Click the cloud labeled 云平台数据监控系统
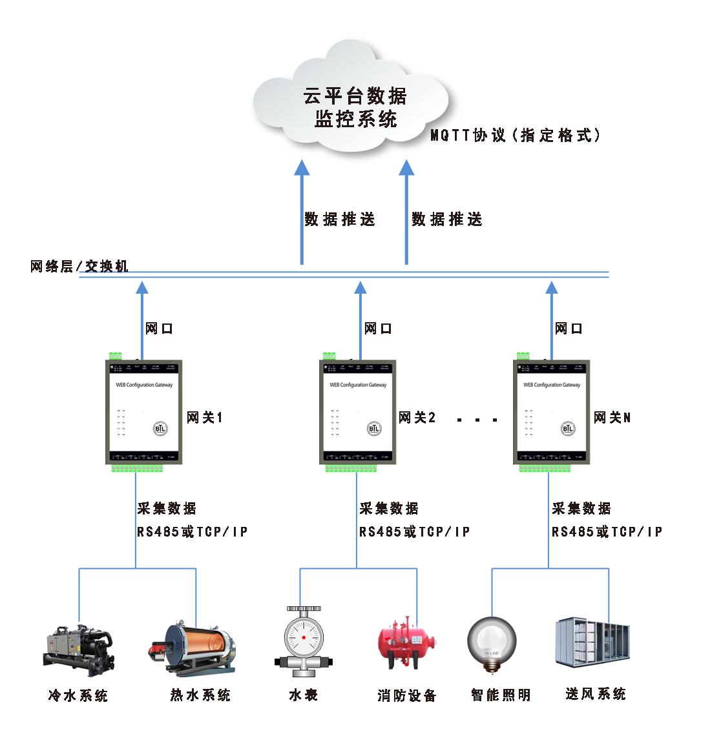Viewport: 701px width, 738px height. point(352,103)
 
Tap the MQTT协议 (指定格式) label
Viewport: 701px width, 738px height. point(516,136)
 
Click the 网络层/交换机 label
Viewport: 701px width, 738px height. point(79,266)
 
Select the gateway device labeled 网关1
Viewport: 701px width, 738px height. point(144,412)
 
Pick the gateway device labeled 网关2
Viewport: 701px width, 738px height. point(358,412)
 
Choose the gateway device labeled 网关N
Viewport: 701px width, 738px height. point(552,412)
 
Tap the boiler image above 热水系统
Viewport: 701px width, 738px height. point(194,648)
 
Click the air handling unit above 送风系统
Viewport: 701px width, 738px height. point(592,644)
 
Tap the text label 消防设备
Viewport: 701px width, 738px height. point(407,695)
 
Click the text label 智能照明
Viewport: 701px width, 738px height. point(501,695)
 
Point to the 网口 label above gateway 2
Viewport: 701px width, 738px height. point(378,329)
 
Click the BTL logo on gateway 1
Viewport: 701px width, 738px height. point(160,429)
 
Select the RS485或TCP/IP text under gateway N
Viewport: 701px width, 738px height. point(607,532)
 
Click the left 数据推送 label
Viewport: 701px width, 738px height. point(339,220)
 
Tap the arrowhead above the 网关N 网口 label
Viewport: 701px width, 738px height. point(551,287)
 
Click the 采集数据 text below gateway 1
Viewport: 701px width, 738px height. point(167,509)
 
